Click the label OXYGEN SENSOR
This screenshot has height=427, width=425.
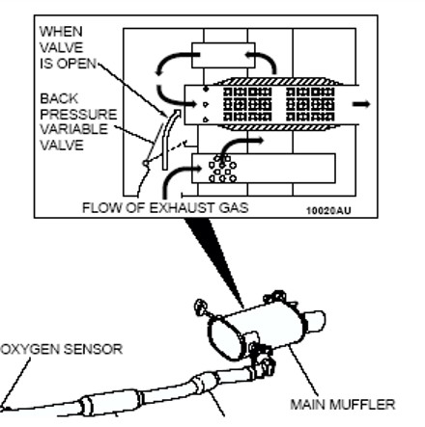pos(62,349)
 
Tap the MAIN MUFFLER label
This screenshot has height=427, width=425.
pos(343,404)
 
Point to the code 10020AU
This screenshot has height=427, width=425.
pos(328,211)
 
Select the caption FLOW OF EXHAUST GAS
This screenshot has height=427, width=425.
pos(165,207)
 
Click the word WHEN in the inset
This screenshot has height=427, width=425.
pos(61,32)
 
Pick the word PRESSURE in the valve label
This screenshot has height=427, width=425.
pos(78,114)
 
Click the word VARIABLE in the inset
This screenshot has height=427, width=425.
pos(73,129)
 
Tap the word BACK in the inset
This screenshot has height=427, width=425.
pos(59,98)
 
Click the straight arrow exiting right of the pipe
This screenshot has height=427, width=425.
pos(361,104)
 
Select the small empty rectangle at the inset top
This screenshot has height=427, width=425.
pos(223,55)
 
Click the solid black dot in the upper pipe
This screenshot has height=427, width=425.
pos(206,89)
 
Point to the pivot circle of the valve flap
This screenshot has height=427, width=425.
pos(146,164)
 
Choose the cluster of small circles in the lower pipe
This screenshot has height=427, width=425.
pos(222,169)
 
